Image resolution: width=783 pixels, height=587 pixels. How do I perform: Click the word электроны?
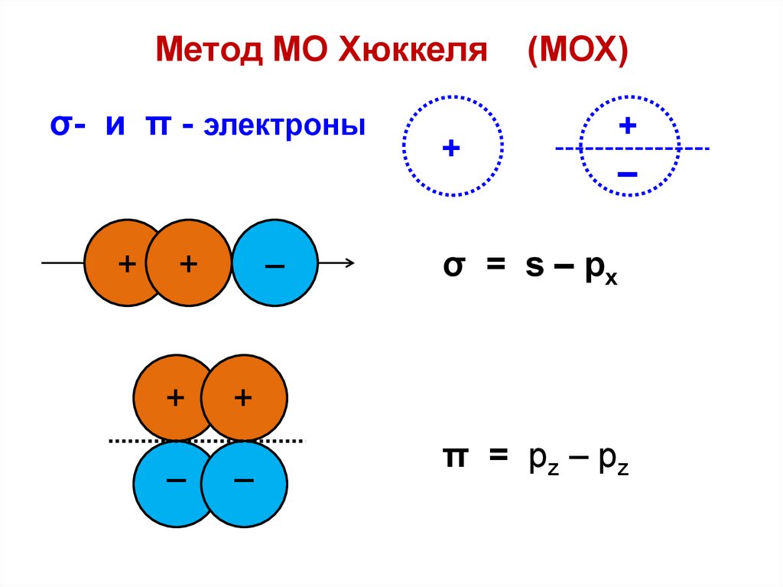284,125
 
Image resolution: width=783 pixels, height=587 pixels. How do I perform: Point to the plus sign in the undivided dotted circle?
452,148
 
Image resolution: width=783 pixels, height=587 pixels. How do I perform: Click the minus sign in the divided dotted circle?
627,174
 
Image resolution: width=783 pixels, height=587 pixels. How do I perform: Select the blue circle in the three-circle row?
275,264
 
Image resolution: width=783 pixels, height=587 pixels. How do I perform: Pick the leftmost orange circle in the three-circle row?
115,264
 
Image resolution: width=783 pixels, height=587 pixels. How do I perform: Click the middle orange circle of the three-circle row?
189,264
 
